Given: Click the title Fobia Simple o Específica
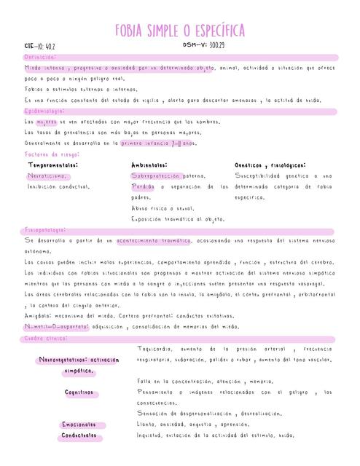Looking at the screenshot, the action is pyautogui.click(x=179, y=30).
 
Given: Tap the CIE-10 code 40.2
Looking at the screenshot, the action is pyautogui.click(x=40, y=47).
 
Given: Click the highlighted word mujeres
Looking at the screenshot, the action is pyautogui.click(x=46, y=122).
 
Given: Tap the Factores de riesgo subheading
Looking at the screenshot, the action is pyautogui.click(x=52, y=154).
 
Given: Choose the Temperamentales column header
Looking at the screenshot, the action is pyautogui.click(x=53, y=165).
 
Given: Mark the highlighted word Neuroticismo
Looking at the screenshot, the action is pyautogui.click(x=48, y=176).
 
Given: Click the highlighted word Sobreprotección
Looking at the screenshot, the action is pyautogui.click(x=156, y=176).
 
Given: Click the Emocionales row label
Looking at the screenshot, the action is pyautogui.click(x=82, y=424).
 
